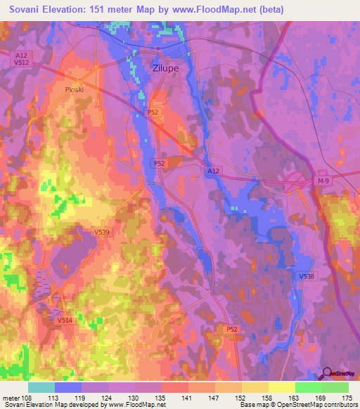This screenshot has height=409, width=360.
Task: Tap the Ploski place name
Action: click(x=74, y=89)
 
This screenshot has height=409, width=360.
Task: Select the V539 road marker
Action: click(x=103, y=232)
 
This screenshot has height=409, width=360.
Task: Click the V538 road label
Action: click(x=305, y=277)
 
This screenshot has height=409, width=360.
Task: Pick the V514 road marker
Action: click(x=65, y=320)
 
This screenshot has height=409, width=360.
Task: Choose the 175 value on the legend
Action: click(x=347, y=396)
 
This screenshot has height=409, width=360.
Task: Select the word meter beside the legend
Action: click(x=11, y=396)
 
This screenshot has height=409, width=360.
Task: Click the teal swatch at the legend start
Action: click(x=41, y=387)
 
